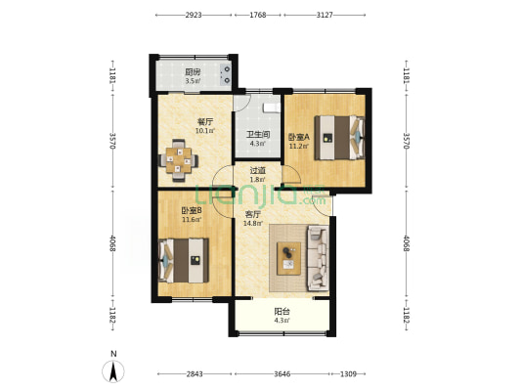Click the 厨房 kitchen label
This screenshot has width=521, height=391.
(x=193, y=72)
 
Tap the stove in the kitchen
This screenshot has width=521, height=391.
(x=226, y=74)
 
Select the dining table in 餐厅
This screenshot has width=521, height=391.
(x=179, y=160)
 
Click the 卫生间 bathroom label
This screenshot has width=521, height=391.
(x=258, y=135)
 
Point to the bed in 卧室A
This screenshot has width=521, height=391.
(x=339, y=137)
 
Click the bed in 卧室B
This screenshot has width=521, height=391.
(x=184, y=260)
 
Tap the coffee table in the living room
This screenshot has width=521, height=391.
(x=288, y=258)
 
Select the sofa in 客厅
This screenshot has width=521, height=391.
(x=318, y=258)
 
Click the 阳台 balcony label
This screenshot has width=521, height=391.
(x=282, y=312)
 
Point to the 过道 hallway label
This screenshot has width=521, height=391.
(x=258, y=171)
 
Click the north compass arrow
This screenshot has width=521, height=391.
(x=113, y=371)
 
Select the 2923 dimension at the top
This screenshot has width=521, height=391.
(x=194, y=15)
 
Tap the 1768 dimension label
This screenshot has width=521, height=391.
(x=258, y=15)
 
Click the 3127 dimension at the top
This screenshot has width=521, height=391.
(x=325, y=15)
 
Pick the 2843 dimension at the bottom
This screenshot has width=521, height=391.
(x=195, y=374)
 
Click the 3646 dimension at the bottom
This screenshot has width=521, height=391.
(x=282, y=374)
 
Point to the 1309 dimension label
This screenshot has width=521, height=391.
(x=348, y=374)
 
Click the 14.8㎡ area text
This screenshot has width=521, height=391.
(x=253, y=223)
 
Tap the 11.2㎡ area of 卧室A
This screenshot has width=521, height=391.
(x=299, y=146)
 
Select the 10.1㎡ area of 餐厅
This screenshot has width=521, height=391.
(x=205, y=131)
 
